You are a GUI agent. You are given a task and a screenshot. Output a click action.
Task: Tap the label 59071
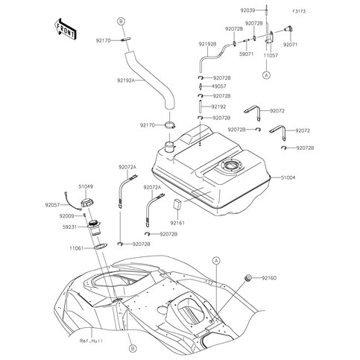coord(246,54)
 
